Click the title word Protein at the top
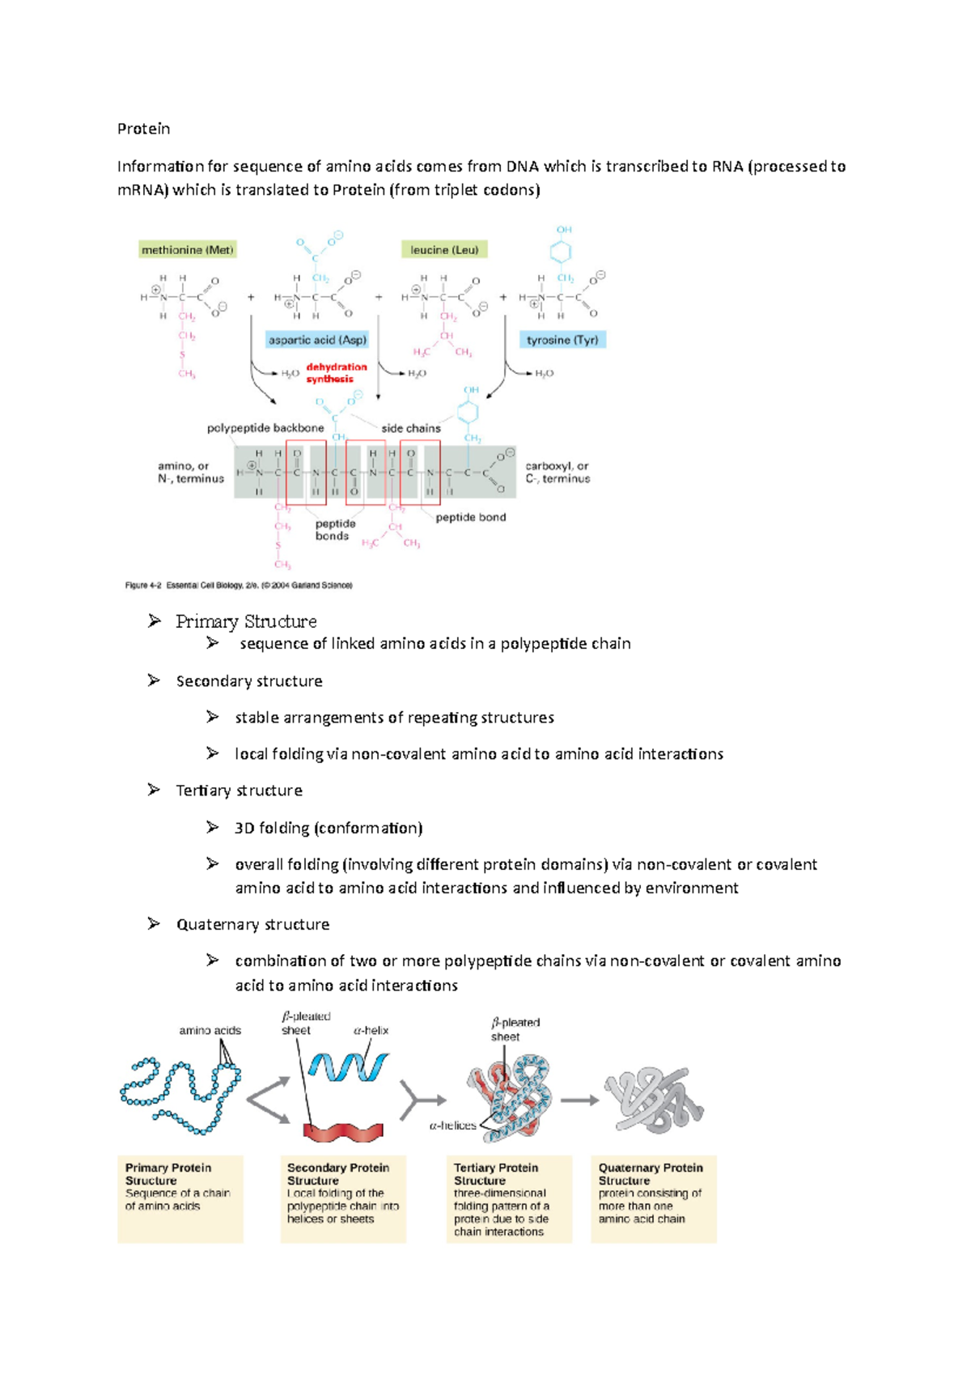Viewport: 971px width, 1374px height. pos(143,129)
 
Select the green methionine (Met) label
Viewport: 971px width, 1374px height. pos(187,250)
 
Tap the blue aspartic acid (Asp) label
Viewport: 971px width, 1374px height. pos(317,340)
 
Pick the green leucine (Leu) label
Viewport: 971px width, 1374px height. pos(444,250)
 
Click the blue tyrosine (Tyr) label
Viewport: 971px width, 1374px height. pos(562,340)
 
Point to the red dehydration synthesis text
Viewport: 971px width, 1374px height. pos(336,373)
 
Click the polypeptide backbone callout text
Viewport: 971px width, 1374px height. pos(265,428)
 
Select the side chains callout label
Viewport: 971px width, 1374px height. pos(411,428)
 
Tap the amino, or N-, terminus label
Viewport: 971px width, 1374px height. pos(190,473)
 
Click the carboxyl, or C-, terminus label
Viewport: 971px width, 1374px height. pos(558,473)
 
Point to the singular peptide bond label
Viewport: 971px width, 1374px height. pos(470,517)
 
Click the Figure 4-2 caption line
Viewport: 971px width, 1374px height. pos(238,585)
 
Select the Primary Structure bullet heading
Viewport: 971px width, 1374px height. pos(246,621)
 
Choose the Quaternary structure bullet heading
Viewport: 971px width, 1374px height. pos(252,924)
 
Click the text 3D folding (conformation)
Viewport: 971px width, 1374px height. pos(329,828)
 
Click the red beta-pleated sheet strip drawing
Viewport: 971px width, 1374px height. pos(343,1132)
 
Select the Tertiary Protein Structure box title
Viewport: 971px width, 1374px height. pos(495,1173)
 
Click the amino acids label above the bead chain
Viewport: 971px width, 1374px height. pos(210,1030)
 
